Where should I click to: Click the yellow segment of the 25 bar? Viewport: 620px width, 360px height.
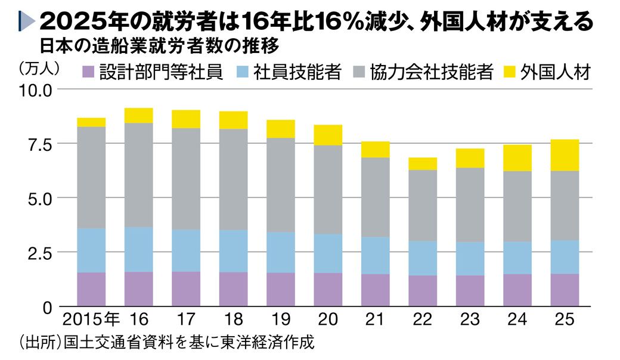tap(565, 155)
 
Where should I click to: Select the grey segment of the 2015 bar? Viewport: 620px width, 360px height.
tap(91, 177)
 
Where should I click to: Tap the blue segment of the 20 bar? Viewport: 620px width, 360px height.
tap(328, 253)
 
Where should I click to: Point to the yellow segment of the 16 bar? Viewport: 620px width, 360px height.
tap(138, 116)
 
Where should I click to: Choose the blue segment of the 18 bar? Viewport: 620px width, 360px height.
tap(233, 251)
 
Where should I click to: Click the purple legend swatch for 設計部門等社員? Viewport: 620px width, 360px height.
tap(88, 73)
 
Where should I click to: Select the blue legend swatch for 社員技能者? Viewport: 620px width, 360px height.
tap(243, 73)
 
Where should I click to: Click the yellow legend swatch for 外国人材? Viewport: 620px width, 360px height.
tap(509, 73)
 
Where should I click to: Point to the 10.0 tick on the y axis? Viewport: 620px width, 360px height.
tap(38, 90)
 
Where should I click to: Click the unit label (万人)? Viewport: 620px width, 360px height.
tap(40, 67)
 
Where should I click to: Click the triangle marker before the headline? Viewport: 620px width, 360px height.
tap(27, 23)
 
